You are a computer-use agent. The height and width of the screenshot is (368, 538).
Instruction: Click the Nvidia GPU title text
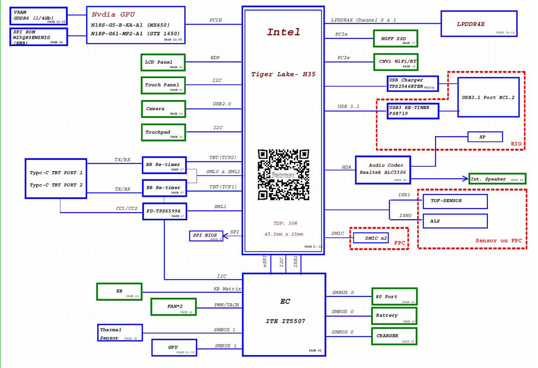[113, 14]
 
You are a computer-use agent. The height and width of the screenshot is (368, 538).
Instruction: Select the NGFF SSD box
[395, 39]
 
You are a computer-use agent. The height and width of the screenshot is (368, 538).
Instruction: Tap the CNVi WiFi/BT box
[395, 61]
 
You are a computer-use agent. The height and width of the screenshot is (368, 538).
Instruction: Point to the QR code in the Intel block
[284, 174]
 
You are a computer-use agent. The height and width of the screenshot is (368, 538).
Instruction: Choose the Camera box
[163, 109]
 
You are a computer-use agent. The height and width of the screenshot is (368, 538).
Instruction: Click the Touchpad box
[163, 132]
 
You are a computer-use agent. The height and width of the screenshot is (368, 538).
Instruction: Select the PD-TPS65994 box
[164, 211]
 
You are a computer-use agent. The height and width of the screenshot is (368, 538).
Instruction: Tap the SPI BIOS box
[206, 235]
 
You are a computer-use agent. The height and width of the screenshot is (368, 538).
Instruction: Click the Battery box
[394, 315]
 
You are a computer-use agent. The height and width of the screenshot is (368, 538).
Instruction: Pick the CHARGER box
[394, 336]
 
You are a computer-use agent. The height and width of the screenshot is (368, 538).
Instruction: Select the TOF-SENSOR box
[455, 201]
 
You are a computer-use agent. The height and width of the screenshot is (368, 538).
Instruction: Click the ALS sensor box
[455, 221]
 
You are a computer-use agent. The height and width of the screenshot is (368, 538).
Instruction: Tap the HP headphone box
[485, 137]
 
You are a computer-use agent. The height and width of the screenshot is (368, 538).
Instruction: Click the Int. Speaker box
[497, 179]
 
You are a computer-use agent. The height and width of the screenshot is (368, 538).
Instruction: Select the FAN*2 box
[173, 307]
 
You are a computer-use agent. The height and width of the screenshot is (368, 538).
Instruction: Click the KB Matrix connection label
[227, 289]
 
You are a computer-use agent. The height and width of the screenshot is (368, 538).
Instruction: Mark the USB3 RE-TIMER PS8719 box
[412, 111]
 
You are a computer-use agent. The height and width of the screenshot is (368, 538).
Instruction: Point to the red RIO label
[516, 144]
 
